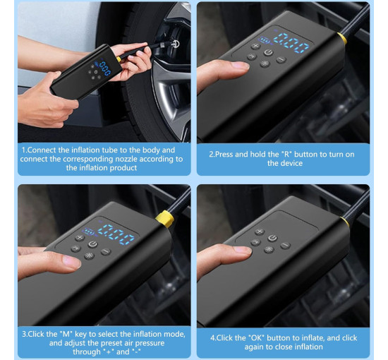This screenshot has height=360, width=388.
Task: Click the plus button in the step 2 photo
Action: pyautogui.click(x=255, y=46)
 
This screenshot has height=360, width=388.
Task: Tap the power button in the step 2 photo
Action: pyautogui.click(x=269, y=52)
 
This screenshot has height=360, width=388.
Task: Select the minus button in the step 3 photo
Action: pyautogui.click(x=106, y=251)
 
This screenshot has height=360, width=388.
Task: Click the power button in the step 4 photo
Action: pyautogui.click(x=272, y=238)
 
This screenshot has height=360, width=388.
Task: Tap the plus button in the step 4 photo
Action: pyautogui.click(x=260, y=232)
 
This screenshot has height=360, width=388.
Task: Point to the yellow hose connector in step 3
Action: pyautogui.click(x=165, y=219)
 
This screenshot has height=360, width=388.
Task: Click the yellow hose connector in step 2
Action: pyautogui.click(x=342, y=38)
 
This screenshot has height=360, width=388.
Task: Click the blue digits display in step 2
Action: pyautogui.click(x=291, y=43)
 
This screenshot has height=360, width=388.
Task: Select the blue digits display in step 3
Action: pyautogui.click(x=116, y=234)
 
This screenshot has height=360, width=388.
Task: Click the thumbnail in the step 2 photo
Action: pyautogui.click(x=240, y=65)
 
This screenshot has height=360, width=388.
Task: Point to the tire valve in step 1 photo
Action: pyautogui.click(x=175, y=44)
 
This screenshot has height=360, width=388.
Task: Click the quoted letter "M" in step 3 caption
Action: pyautogui.click(x=66, y=334)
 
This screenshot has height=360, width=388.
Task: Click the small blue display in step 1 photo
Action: pyautogui.click(x=105, y=68)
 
